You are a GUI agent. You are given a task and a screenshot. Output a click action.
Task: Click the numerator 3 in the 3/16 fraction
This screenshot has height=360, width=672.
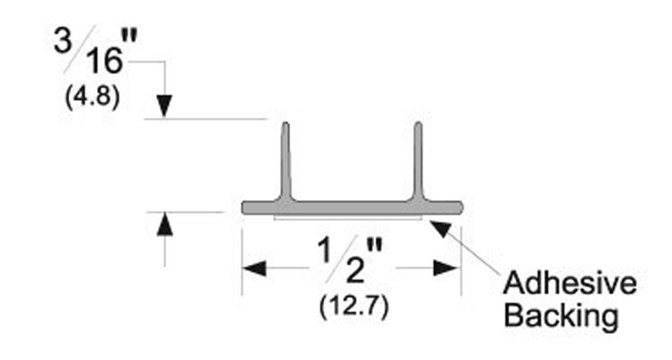coord(63,41)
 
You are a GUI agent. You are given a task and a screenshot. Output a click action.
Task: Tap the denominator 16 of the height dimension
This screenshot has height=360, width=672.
coord(105,61)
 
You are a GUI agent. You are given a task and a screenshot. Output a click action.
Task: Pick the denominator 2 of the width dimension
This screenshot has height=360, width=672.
coord(356,271)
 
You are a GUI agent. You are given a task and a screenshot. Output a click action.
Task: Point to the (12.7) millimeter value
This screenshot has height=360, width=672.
coord(354,307)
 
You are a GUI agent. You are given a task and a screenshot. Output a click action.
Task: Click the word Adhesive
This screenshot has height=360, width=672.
coord(570,283)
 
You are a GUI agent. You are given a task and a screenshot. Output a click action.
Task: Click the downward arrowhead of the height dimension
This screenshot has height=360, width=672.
coord(165,106)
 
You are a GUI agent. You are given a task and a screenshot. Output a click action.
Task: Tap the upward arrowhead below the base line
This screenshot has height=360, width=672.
coord(165,224)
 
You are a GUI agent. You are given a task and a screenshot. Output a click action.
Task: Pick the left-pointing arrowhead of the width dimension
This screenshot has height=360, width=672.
coord(254,269)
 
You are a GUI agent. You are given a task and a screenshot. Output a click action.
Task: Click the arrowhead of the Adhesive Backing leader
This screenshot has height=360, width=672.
coord(440,228)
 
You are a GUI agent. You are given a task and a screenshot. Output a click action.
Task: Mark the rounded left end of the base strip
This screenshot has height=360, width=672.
coord(245,208)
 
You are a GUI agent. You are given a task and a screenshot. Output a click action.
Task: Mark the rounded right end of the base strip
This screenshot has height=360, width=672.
coord(459,208)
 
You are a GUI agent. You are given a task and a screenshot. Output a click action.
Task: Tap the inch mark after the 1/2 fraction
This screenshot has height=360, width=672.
coord(375,246)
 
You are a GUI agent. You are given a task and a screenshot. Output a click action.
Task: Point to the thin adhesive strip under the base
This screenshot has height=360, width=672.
coord(348,217)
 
